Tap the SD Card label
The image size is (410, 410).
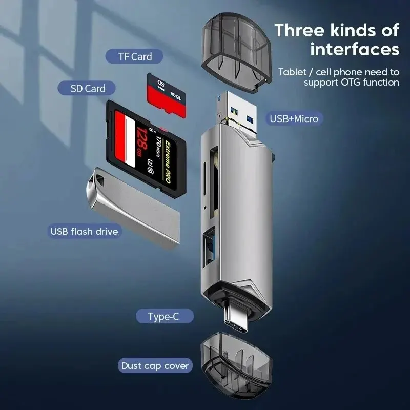88,88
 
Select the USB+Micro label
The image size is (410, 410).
294,119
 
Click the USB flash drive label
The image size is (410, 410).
84,231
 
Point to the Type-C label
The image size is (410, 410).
163,317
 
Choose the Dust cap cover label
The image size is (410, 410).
155,366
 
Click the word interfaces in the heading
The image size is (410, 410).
355,49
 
